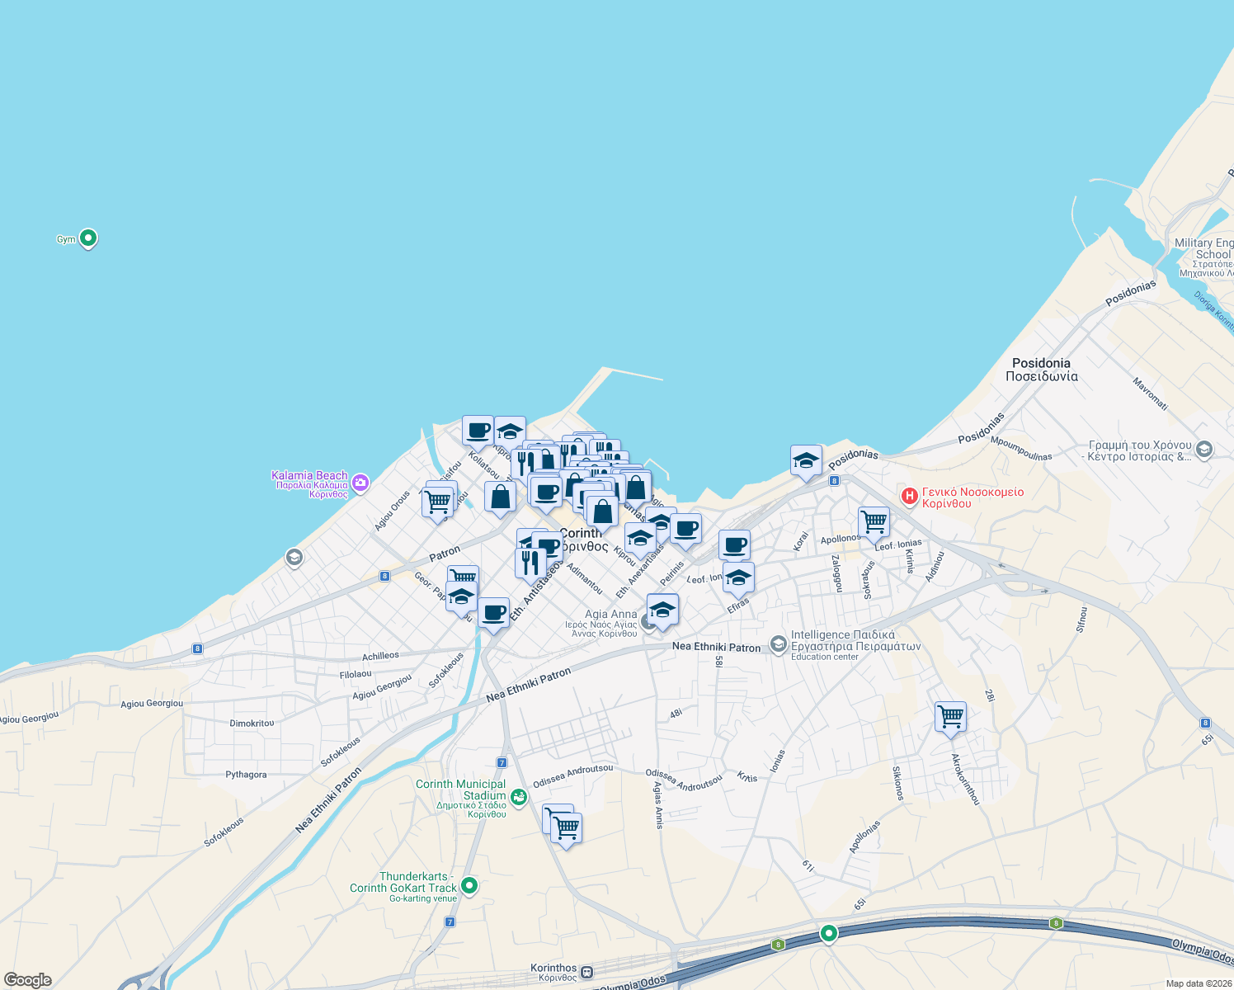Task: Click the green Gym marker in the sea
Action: click(88, 238)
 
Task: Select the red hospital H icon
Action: click(910, 497)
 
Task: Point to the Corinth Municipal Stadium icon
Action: click(518, 796)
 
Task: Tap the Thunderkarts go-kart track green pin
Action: click(469, 885)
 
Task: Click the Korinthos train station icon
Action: click(586, 972)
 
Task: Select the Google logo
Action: click(28, 980)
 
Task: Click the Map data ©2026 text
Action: click(1196, 983)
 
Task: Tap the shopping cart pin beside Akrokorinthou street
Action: click(950, 716)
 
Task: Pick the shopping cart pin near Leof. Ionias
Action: click(874, 522)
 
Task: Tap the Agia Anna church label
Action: click(611, 615)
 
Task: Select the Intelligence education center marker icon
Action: click(779, 643)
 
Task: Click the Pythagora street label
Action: click(246, 775)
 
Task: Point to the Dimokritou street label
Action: click(252, 724)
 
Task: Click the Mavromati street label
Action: click(1150, 394)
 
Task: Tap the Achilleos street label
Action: click(380, 657)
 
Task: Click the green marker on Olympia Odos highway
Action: click(828, 933)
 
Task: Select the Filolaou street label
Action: click(356, 675)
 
